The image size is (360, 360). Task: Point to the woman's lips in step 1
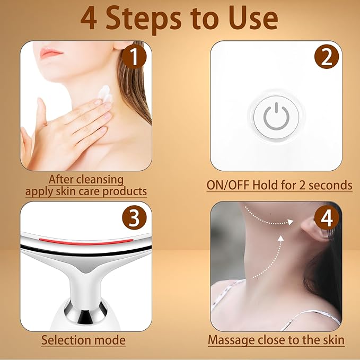52,52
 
